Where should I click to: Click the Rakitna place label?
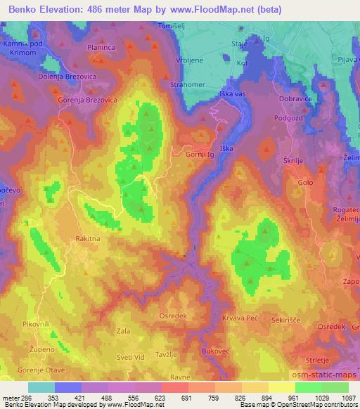pos(89,239)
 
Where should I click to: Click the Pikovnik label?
pos(35,324)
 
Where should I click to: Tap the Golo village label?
pos(305,183)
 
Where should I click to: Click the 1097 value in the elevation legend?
pos(349,397)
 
